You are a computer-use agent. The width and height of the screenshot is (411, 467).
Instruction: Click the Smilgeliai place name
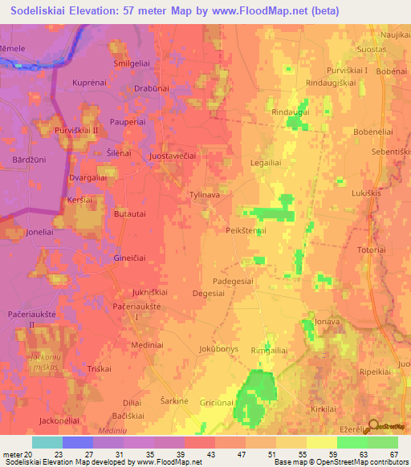coord(134,63)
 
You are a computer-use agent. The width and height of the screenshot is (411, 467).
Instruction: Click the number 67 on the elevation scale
coord(393,456)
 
